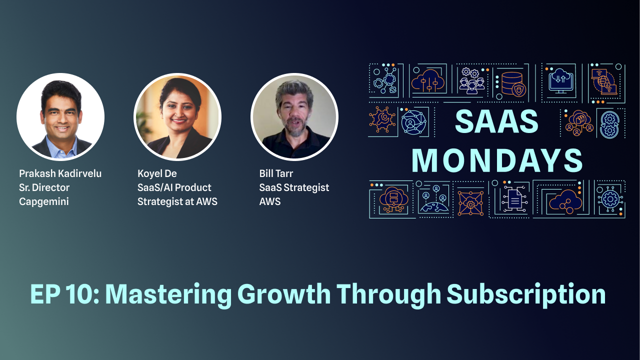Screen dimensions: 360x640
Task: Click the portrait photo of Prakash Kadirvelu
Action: pos(60,116)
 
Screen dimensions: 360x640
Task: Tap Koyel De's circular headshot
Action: pos(177,116)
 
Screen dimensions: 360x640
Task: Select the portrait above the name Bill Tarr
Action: pos(294,116)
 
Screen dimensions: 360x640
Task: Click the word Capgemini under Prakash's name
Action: pos(44,202)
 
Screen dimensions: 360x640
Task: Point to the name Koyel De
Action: pos(157,173)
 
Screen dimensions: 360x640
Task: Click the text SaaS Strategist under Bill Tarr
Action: pos(294,187)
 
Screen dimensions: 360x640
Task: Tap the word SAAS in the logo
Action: pos(496,121)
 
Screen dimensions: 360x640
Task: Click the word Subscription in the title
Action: pos(526,294)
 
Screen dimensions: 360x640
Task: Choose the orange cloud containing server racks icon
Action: pos(393,199)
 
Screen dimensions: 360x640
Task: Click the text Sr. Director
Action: pos(44,187)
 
